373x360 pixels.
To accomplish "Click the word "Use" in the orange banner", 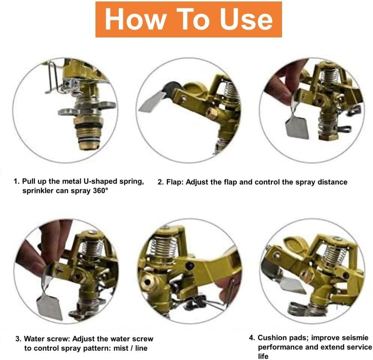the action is (246, 19).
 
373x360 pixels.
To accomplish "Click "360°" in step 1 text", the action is (100, 190).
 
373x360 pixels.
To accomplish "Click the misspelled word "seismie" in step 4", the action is (355, 338).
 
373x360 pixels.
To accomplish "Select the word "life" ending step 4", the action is (263, 356).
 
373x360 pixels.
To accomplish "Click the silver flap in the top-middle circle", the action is (152, 101).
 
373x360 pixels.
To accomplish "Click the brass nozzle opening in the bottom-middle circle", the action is (147, 282).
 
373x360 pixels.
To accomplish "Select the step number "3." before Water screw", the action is (18, 339).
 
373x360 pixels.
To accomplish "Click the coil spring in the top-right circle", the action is (330, 76).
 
